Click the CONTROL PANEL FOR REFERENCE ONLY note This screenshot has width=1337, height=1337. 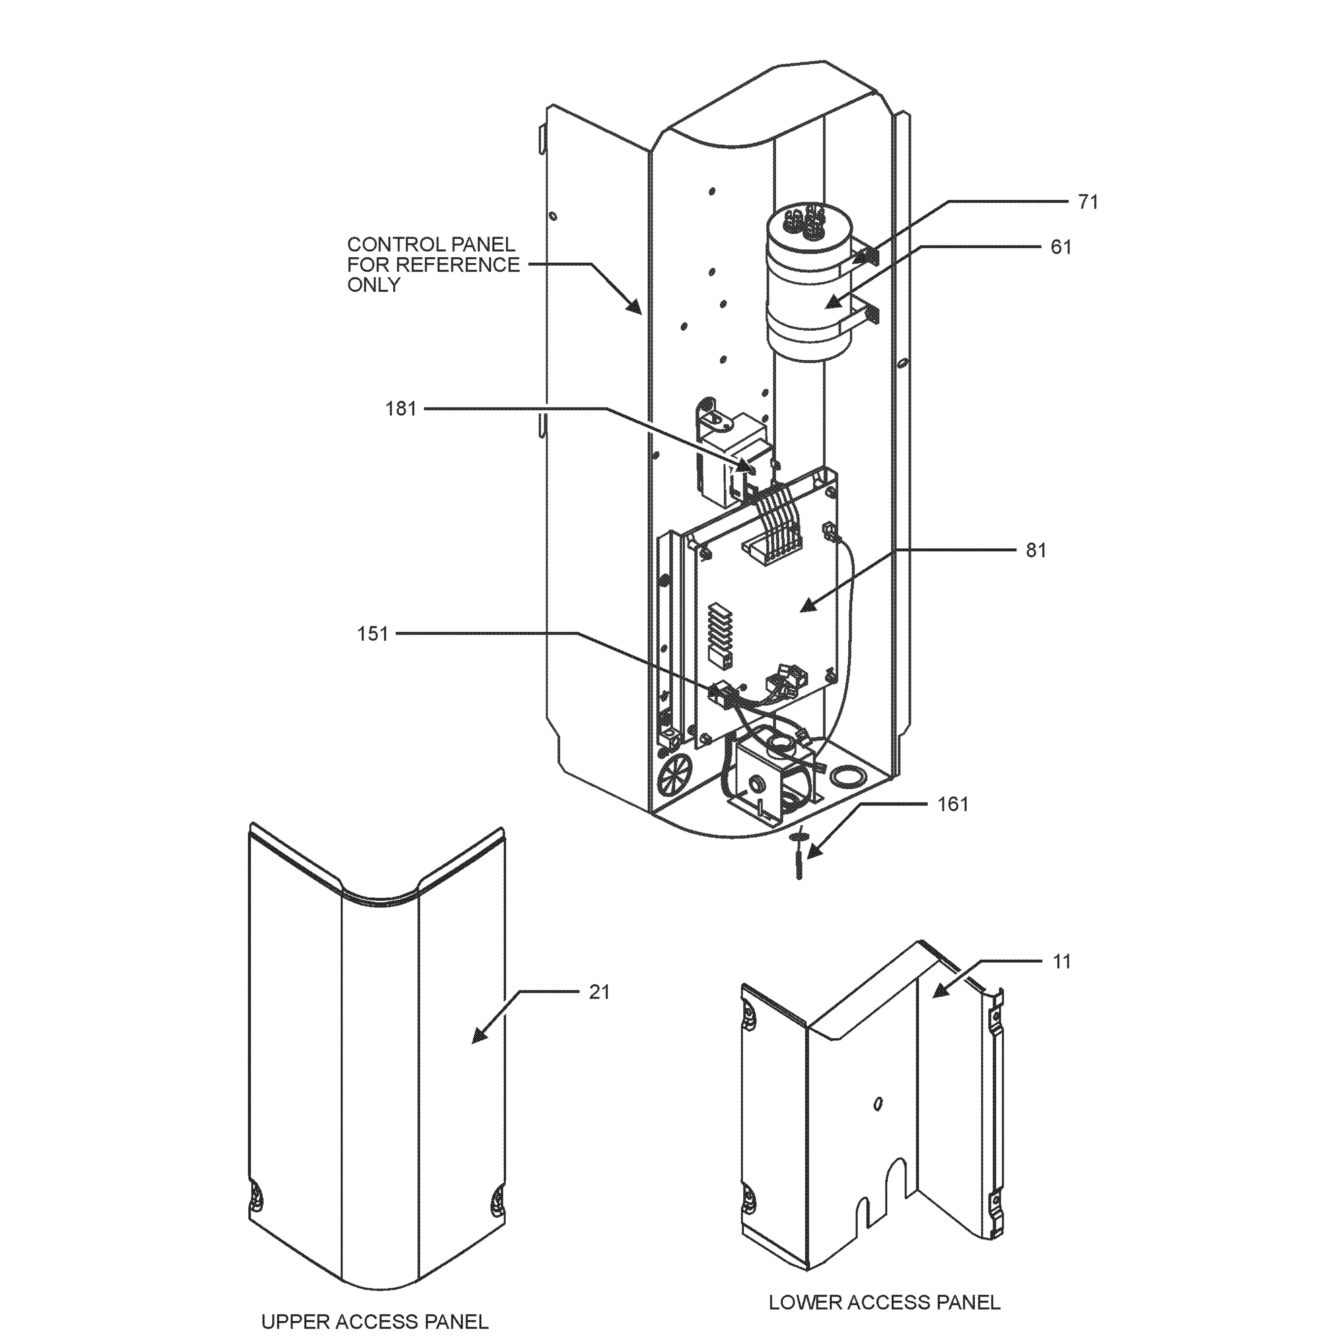(433, 264)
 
